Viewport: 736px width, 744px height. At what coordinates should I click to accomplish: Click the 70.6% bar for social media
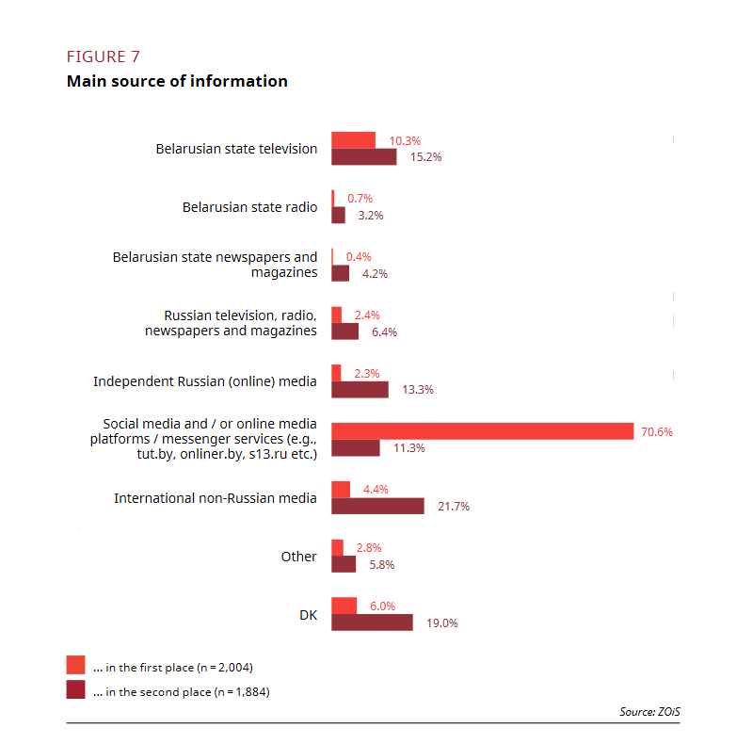point(482,431)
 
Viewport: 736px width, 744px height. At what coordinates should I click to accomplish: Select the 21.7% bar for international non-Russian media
point(377,507)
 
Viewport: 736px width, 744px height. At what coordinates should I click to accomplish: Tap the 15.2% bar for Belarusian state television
point(363,157)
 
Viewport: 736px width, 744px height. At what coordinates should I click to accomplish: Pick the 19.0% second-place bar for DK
point(372,623)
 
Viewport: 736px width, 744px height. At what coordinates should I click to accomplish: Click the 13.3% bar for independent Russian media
point(360,389)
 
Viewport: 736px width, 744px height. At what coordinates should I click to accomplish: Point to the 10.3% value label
point(405,140)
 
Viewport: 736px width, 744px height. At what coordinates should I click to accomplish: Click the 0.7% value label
point(360,199)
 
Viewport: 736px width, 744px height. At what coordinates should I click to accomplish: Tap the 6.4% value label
point(383,332)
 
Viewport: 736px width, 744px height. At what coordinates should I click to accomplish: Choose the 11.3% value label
point(408,448)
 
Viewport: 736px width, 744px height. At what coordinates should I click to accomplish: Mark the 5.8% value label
point(380,565)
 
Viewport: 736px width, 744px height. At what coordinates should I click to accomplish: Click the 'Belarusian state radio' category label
point(249,207)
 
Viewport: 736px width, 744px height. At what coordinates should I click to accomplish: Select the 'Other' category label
point(299,557)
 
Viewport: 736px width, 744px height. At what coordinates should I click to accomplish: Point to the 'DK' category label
point(307,615)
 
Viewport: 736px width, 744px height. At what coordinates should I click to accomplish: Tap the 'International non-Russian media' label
point(216,498)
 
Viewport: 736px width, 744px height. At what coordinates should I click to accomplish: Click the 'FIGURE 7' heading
point(104,57)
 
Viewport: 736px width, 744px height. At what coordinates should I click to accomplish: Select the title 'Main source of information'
point(177,81)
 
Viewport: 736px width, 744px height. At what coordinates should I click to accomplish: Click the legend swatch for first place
point(76,665)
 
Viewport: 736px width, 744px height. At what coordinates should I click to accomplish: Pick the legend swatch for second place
point(76,690)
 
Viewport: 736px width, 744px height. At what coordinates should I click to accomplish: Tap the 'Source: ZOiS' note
point(649,712)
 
